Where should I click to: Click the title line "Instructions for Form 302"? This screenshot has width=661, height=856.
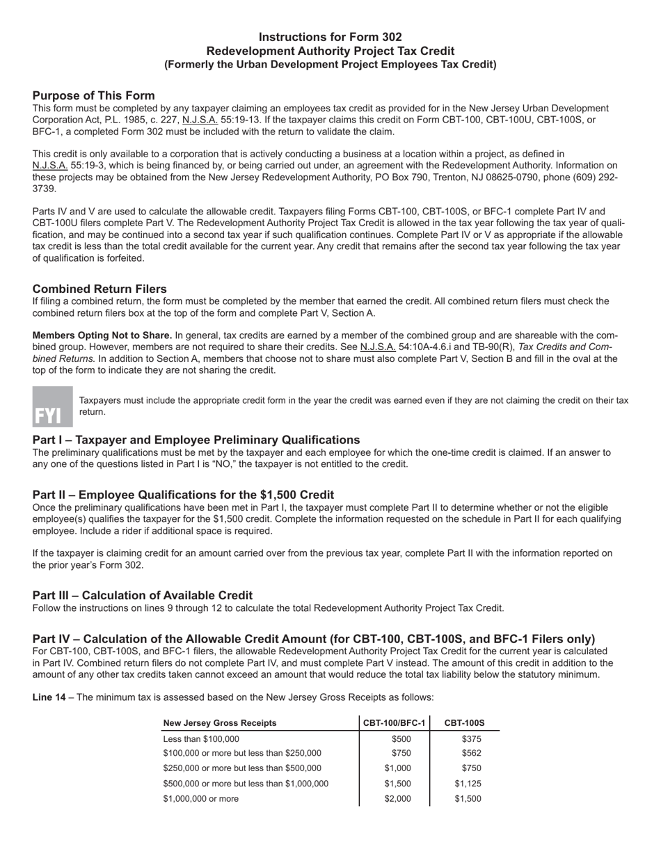330,37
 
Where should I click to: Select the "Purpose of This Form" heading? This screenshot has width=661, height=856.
93,95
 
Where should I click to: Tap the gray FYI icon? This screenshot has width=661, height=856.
52,406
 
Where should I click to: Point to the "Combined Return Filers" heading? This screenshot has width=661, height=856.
99,289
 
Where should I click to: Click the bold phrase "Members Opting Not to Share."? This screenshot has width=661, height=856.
102,335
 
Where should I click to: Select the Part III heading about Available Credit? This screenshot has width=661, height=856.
143,595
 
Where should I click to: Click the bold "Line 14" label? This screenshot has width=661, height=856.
49,697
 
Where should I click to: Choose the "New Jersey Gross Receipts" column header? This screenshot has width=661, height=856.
219,723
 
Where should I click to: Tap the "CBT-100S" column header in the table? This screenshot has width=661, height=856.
464,723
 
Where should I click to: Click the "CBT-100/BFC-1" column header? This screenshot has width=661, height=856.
395,723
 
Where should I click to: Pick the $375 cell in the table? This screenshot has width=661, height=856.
471,739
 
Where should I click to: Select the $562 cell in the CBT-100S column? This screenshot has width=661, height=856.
471,753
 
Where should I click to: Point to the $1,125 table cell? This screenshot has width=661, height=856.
468,784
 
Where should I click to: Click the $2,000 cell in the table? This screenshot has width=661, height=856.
397,799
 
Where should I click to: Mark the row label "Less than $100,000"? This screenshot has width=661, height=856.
200,739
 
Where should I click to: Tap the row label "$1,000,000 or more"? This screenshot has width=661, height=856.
200,799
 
